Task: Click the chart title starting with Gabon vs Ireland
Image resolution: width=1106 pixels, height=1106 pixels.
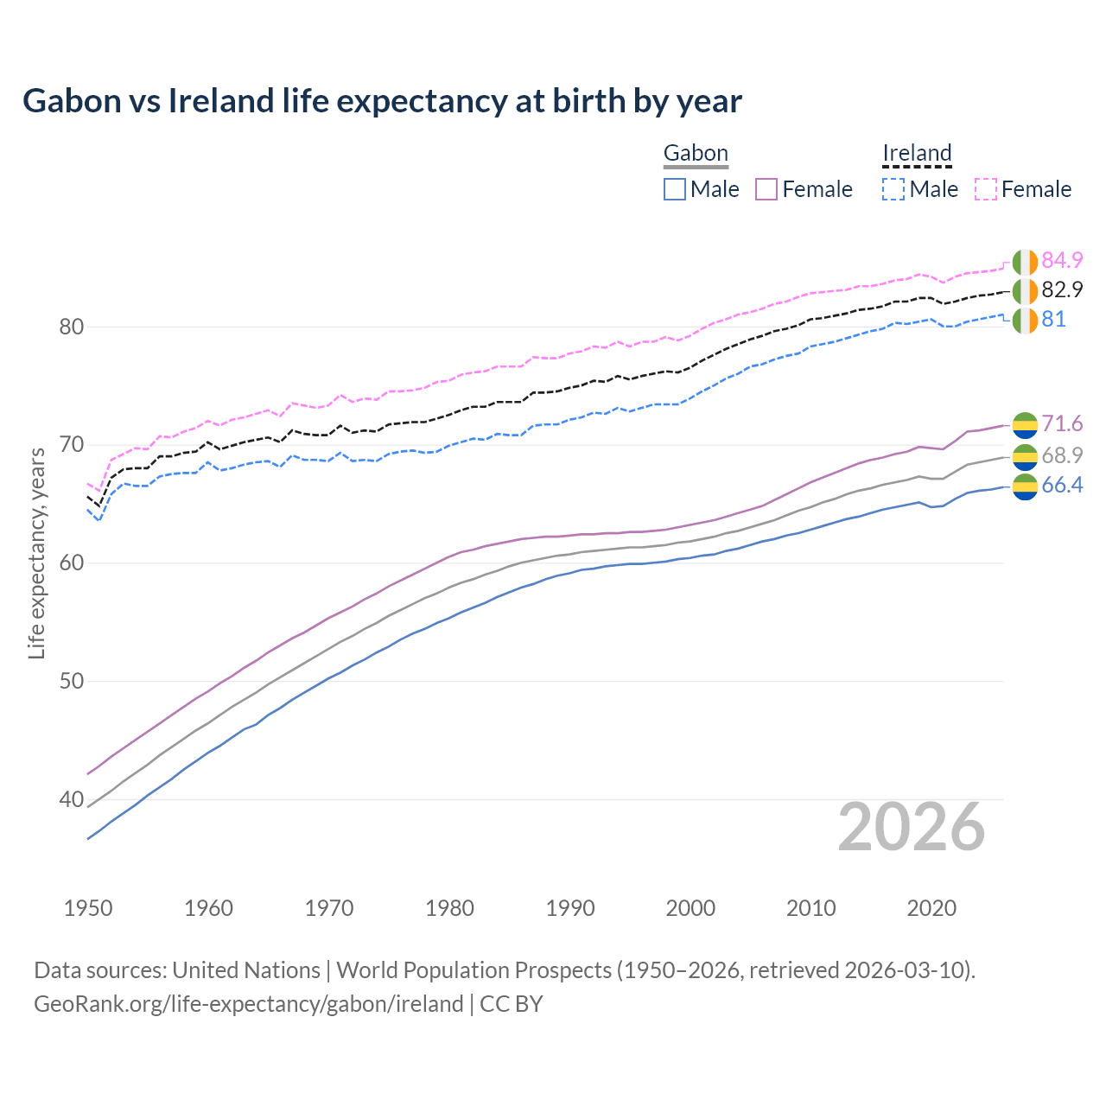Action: click(x=382, y=101)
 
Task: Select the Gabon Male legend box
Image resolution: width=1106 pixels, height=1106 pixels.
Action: click(x=675, y=189)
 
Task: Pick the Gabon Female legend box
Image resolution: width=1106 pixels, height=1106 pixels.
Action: click(x=767, y=189)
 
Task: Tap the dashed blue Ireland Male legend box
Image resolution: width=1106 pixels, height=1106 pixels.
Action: click(x=893, y=189)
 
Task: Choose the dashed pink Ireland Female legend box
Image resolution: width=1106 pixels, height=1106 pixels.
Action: click(x=986, y=189)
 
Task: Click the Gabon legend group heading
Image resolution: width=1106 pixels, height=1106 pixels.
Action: click(x=696, y=154)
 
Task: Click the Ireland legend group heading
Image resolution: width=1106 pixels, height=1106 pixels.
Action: click(x=917, y=154)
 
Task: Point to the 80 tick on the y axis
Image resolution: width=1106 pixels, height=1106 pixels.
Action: click(x=72, y=327)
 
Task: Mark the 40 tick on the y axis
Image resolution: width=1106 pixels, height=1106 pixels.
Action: click(x=72, y=799)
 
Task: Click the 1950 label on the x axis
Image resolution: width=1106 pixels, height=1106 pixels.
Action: click(x=88, y=908)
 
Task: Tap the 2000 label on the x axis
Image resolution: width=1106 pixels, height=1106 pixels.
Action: click(x=691, y=908)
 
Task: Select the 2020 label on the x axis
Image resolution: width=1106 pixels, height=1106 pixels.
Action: click(x=931, y=908)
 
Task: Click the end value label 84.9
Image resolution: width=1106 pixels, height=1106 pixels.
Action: click(x=1062, y=260)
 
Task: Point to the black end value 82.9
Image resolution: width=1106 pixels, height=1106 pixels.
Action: click(x=1062, y=289)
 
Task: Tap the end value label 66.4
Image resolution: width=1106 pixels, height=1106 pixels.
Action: click(x=1062, y=486)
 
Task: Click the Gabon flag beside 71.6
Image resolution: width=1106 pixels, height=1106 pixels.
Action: click(x=1025, y=424)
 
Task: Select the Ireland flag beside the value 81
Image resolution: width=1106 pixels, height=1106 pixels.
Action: click(x=1025, y=320)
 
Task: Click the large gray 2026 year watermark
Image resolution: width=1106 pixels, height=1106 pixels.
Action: click(x=912, y=827)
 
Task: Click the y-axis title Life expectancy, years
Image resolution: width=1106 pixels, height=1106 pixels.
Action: click(x=36, y=553)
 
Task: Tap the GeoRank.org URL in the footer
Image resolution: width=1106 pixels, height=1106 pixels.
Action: click(x=249, y=1004)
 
